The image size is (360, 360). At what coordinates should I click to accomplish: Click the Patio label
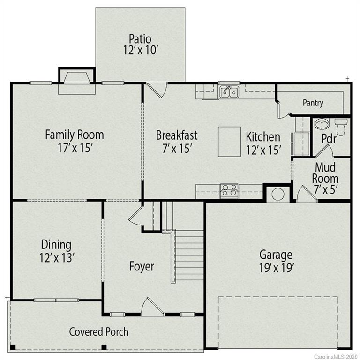coord(140,38)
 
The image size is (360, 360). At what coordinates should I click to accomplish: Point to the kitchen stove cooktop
coord(229,191)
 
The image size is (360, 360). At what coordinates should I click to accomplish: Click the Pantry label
coord(313,103)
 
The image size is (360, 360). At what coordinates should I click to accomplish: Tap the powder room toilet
coord(340,126)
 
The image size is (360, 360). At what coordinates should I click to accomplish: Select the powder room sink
coord(322,124)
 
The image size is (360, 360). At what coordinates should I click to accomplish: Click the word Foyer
coord(141,267)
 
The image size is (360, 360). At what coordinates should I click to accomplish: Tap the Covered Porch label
coord(99,332)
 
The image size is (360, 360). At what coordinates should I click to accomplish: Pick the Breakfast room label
coord(176,136)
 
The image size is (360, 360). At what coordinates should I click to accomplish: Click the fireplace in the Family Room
coord(76,77)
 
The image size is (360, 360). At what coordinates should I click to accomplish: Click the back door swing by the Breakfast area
coord(156,90)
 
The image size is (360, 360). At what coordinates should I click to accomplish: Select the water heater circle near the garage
coord(277,194)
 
